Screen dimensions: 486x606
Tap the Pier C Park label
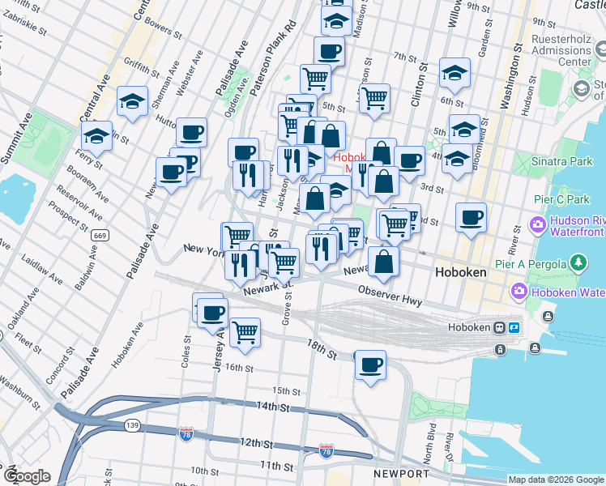tap(561, 199)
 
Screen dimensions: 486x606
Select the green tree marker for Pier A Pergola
tap(578, 262)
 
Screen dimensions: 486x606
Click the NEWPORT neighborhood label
tap(401, 473)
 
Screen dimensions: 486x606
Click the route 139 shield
tap(130, 424)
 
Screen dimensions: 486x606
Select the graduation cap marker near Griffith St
tap(132, 101)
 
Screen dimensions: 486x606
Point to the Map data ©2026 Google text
tap(555, 480)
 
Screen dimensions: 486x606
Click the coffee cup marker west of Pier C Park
tap(471, 217)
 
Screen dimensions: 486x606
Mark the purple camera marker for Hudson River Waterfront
tap(537, 223)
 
